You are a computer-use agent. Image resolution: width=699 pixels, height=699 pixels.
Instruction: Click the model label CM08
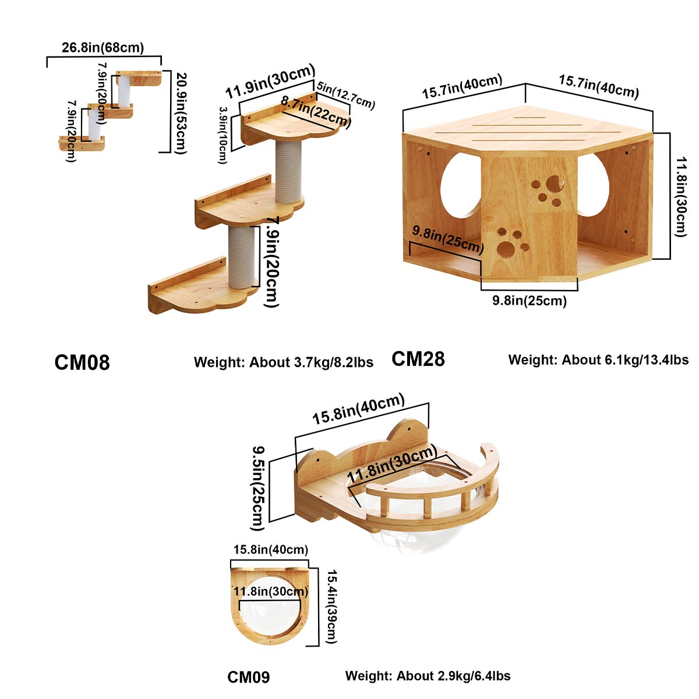(x=82, y=362)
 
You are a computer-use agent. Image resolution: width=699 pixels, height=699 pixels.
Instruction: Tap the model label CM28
(x=418, y=359)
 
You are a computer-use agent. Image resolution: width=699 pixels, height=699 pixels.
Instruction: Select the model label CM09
(x=248, y=677)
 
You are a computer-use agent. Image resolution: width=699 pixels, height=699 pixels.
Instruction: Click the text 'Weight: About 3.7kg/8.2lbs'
(x=284, y=362)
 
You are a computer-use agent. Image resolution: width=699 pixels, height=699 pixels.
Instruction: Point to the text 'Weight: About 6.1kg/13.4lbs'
(x=598, y=359)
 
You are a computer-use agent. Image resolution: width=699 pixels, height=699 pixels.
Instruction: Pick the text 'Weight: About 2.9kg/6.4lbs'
(x=428, y=676)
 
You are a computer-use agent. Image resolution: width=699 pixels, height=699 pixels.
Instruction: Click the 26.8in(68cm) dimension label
(x=103, y=48)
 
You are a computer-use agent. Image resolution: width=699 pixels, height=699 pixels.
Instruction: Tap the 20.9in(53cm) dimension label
(x=181, y=112)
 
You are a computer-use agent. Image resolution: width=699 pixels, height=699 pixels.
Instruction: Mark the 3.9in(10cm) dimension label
(x=223, y=135)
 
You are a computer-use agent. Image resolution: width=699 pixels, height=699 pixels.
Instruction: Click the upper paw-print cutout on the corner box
(x=548, y=190)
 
